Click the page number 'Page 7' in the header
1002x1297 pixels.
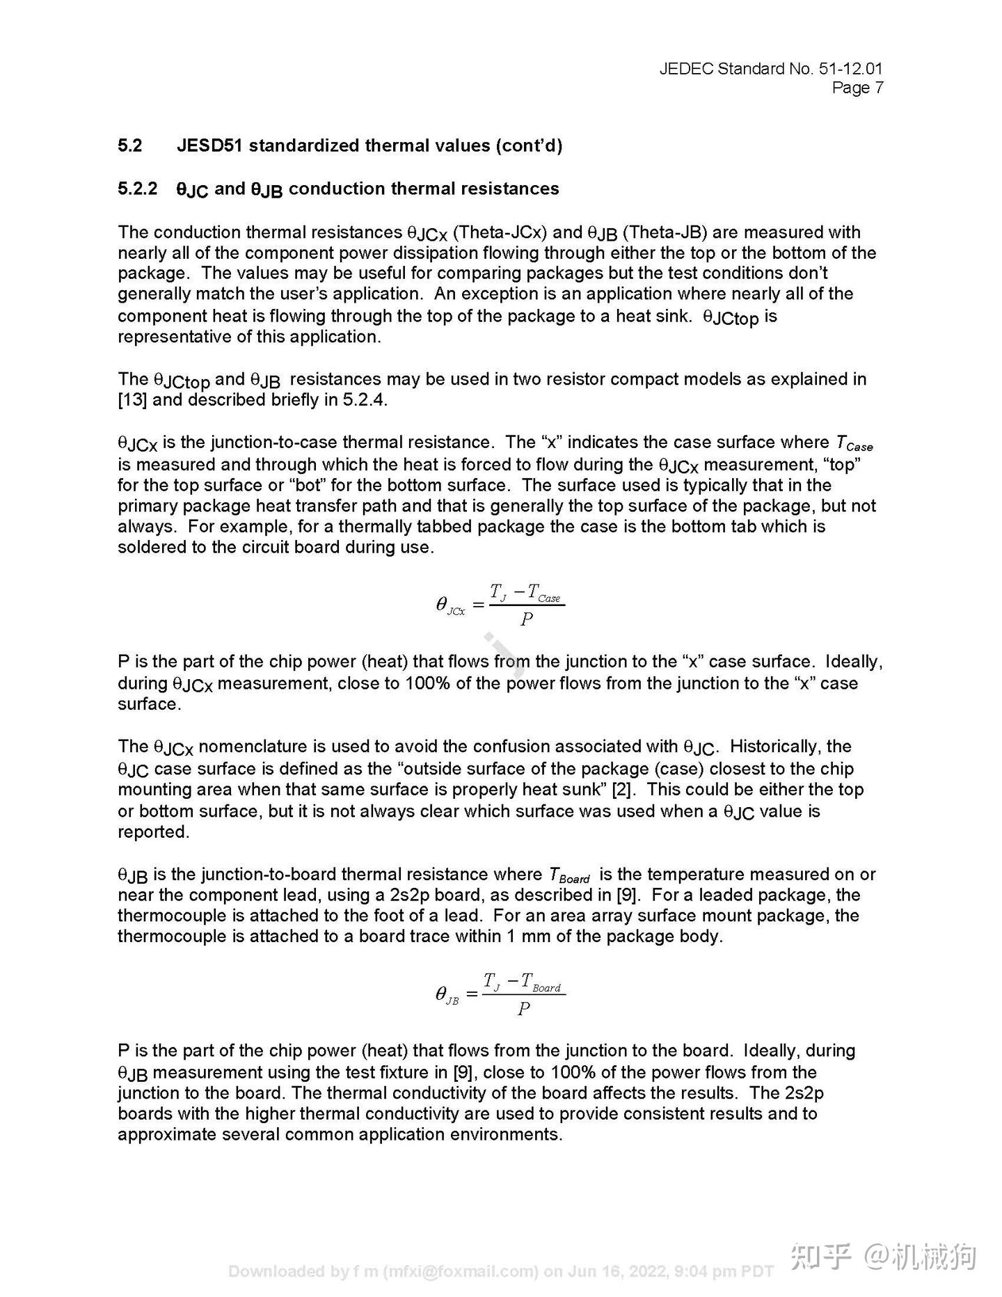(857, 88)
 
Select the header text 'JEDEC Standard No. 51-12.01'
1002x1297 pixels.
(770, 69)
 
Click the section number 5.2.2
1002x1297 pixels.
(138, 189)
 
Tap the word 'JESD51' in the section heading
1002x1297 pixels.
(209, 145)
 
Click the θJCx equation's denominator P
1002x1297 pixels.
(527, 619)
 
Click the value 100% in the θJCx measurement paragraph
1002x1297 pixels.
(428, 683)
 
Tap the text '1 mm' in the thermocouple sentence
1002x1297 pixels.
(528, 937)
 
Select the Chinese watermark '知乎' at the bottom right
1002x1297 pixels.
(822, 1257)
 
